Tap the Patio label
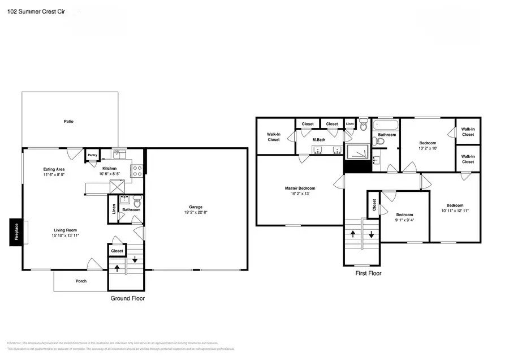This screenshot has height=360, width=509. click(x=68, y=121)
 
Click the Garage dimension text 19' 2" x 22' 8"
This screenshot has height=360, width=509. click(x=196, y=213)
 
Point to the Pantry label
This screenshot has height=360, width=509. click(x=92, y=155)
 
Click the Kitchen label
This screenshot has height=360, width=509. click(x=109, y=168)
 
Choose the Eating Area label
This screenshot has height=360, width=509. click(x=54, y=169)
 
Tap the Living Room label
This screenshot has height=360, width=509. click(x=66, y=230)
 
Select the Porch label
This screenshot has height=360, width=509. click(x=81, y=281)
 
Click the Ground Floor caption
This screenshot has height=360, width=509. click(x=127, y=298)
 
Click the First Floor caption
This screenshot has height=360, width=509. click(x=368, y=273)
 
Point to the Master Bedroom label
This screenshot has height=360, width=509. click(x=300, y=188)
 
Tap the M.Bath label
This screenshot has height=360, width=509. click(x=319, y=139)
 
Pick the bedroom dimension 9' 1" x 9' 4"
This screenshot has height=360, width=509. click(x=404, y=220)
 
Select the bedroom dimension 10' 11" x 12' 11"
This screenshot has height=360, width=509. click(x=455, y=211)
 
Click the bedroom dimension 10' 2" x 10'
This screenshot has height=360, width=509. click(x=429, y=148)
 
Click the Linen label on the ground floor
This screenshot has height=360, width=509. click(x=114, y=209)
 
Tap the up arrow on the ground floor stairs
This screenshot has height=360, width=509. click(x=117, y=268)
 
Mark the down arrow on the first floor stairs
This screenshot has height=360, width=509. click(x=371, y=233)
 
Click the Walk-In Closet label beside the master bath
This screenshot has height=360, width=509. click(x=274, y=136)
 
